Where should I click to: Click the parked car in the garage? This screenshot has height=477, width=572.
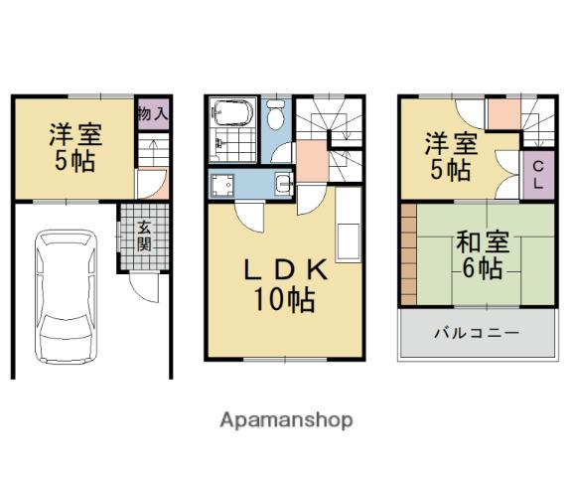(x=66, y=297)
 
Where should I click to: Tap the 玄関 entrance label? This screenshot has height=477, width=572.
(x=144, y=237)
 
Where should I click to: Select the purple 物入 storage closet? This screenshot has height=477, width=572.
(x=154, y=114)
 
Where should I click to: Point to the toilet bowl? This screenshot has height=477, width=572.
(x=276, y=114)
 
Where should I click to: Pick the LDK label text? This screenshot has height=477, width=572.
(x=285, y=269)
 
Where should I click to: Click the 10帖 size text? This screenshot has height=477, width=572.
(x=284, y=300)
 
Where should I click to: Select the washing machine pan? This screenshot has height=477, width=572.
(x=222, y=186)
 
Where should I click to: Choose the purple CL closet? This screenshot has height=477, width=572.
(x=539, y=175)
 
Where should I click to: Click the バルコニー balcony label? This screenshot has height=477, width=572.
(x=477, y=333)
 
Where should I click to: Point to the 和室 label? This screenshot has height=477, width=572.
(x=483, y=242)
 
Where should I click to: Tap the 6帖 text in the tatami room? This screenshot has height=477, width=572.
(x=483, y=268)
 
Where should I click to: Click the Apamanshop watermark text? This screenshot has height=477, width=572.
(x=286, y=420)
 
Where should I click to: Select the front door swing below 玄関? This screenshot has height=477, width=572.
(x=145, y=288)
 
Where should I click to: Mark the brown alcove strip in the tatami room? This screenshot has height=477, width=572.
(x=409, y=254)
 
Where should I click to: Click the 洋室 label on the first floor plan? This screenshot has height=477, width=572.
(x=75, y=135)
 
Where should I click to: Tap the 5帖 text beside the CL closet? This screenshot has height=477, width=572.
(x=450, y=170)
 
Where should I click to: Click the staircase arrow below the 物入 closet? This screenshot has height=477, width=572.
(x=154, y=147)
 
